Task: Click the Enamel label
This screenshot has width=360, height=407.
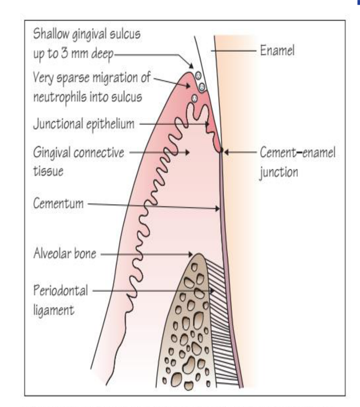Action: pyautogui.click(x=277, y=50)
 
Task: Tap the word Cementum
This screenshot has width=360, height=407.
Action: pyautogui.click(x=58, y=203)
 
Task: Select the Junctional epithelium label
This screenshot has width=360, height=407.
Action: pyautogui.click(x=84, y=124)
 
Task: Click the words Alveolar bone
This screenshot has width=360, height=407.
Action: pyautogui.click(x=65, y=253)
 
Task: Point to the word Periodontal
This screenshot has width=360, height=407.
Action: pyautogui.click(x=61, y=290)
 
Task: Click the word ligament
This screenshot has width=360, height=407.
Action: pyautogui.click(x=54, y=310)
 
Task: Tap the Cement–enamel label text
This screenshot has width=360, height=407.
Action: pyautogui.click(x=298, y=152)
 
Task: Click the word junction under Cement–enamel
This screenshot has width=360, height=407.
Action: pyautogui.click(x=279, y=172)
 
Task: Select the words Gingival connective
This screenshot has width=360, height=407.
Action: pyautogui.click(x=79, y=153)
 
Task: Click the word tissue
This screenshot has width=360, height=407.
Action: pyautogui.click(x=48, y=171)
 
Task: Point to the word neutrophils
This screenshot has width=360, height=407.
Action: pyautogui.click(x=60, y=97)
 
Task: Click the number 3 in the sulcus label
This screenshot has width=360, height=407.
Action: pyautogui.click(x=64, y=53)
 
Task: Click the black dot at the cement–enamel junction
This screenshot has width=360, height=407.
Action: pyautogui.click(x=221, y=150)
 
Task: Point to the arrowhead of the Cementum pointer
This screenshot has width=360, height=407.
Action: pyautogui.click(x=217, y=208)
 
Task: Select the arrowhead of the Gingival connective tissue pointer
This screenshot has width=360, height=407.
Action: pyautogui.click(x=187, y=152)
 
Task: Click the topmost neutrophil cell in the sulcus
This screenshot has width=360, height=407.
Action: pyautogui.click(x=198, y=76)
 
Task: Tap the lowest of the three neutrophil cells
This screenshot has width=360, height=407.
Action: pyautogui.click(x=194, y=98)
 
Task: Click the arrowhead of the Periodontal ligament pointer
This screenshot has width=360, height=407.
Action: pyautogui.click(x=212, y=291)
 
